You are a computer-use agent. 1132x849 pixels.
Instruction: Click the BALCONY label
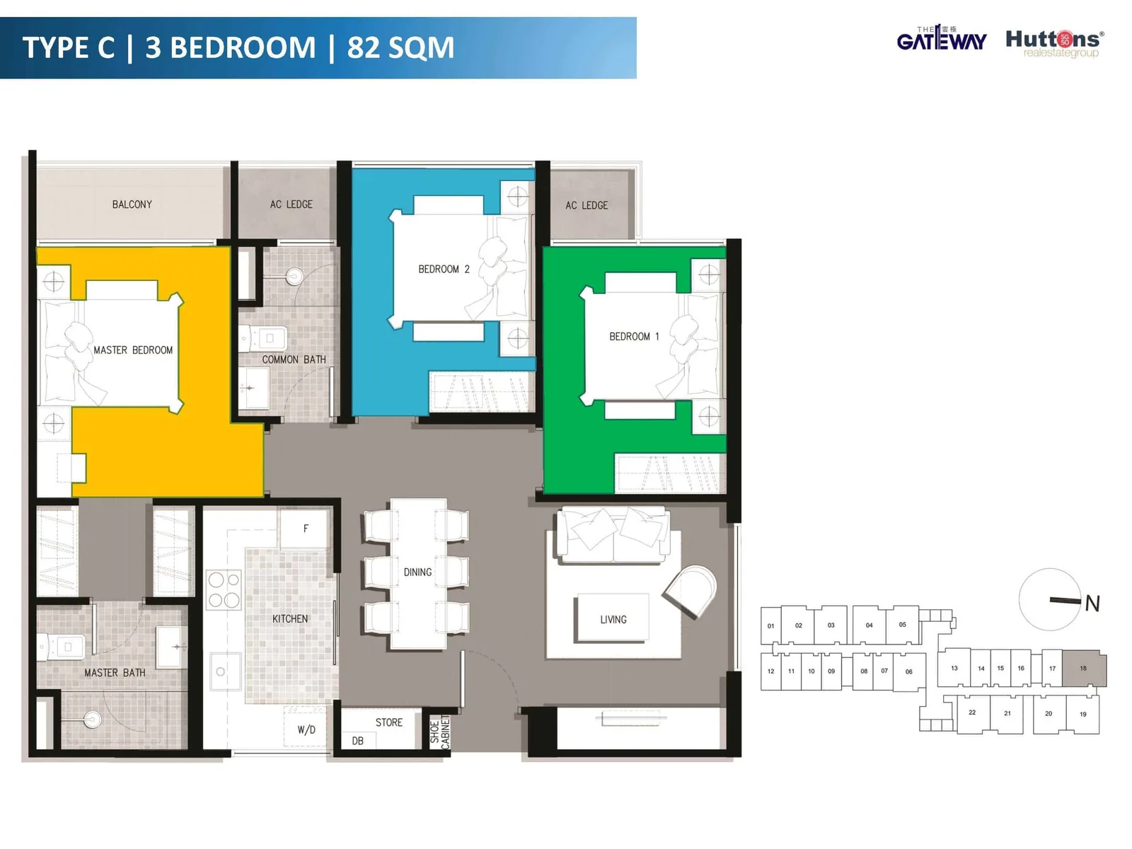(132, 204)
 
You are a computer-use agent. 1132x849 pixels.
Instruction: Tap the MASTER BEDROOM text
(133, 350)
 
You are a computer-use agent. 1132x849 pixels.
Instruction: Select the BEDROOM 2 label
(444, 269)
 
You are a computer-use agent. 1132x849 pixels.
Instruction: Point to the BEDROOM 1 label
(634, 337)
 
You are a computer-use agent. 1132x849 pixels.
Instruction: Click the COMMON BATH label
(294, 359)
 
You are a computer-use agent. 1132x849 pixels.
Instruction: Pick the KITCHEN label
(290, 618)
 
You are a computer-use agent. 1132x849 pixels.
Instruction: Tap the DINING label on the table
(417, 572)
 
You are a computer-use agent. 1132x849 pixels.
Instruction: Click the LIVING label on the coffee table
(613, 620)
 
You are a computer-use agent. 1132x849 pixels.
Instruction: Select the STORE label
(389, 722)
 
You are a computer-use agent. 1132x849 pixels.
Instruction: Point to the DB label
(357, 741)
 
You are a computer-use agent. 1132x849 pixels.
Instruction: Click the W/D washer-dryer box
(306, 727)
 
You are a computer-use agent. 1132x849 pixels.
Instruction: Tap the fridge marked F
(305, 529)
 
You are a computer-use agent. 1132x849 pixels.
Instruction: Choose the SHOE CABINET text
(440, 732)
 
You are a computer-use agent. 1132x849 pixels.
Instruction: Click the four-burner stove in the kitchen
(224, 589)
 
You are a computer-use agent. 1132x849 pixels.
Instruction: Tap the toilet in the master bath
(62, 647)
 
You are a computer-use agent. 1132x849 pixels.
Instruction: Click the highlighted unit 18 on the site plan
(1084, 669)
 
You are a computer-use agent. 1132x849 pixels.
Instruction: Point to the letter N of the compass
(1092, 603)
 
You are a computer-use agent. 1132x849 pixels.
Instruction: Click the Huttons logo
(1055, 43)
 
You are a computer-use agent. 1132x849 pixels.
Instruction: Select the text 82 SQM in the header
(400, 47)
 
